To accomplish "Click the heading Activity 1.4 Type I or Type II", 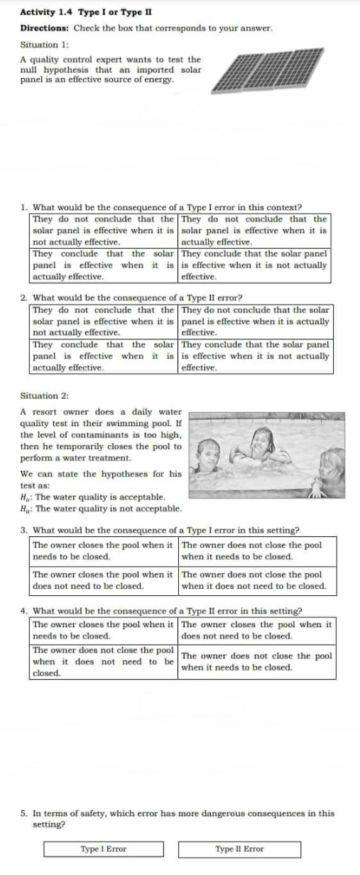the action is pyautogui.click(x=85, y=12).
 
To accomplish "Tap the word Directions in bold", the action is pyautogui.click(x=43, y=28).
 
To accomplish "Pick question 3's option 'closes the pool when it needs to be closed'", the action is pyautogui.click(x=104, y=550).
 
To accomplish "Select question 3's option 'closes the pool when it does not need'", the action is pyautogui.click(x=104, y=580).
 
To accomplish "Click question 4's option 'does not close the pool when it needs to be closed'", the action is pyautogui.click(x=256, y=661).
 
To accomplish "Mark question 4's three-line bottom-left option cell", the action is pyautogui.click(x=104, y=661).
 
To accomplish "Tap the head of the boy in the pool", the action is pyautogui.click(x=208, y=450).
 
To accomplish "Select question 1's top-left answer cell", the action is pyautogui.click(x=104, y=230).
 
